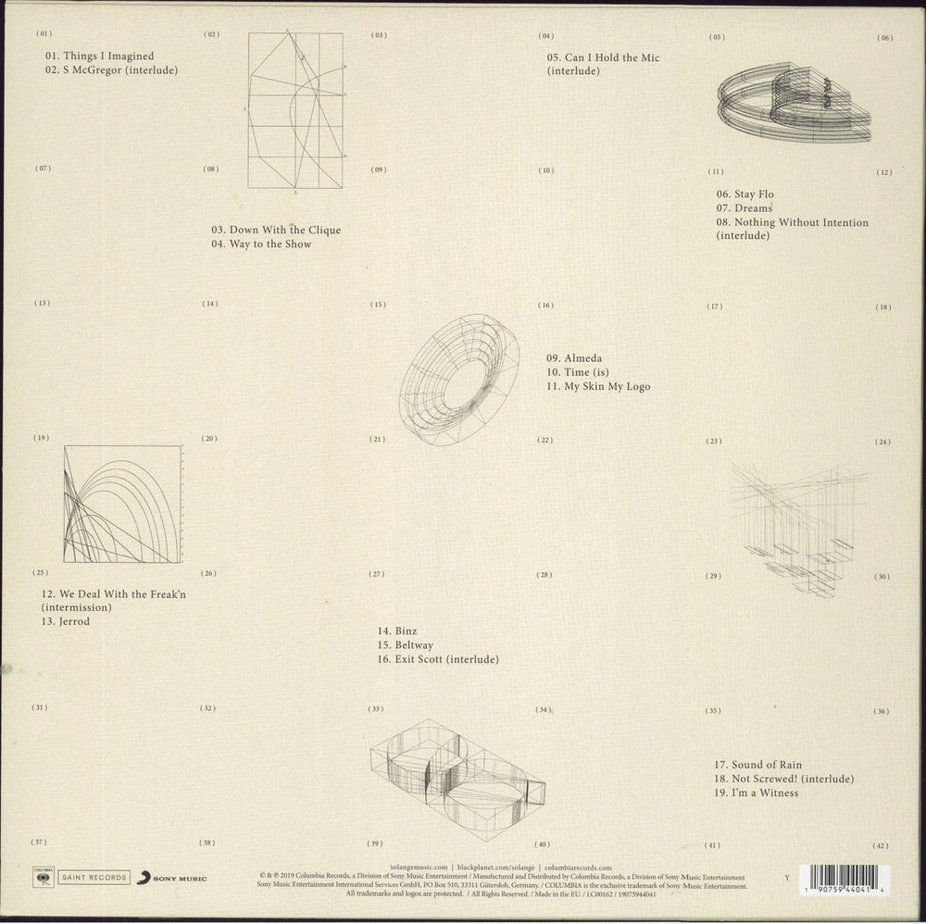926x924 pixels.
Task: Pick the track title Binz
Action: pyautogui.click(x=397, y=630)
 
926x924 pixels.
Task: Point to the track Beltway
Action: pyautogui.click(x=407, y=644)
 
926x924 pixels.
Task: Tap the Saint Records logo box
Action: pyautogui.click(x=92, y=877)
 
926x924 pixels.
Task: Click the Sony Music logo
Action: pyautogui.click(x=172, y=877)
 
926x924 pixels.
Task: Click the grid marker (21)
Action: pyautogui.click(x=377, y=439)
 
